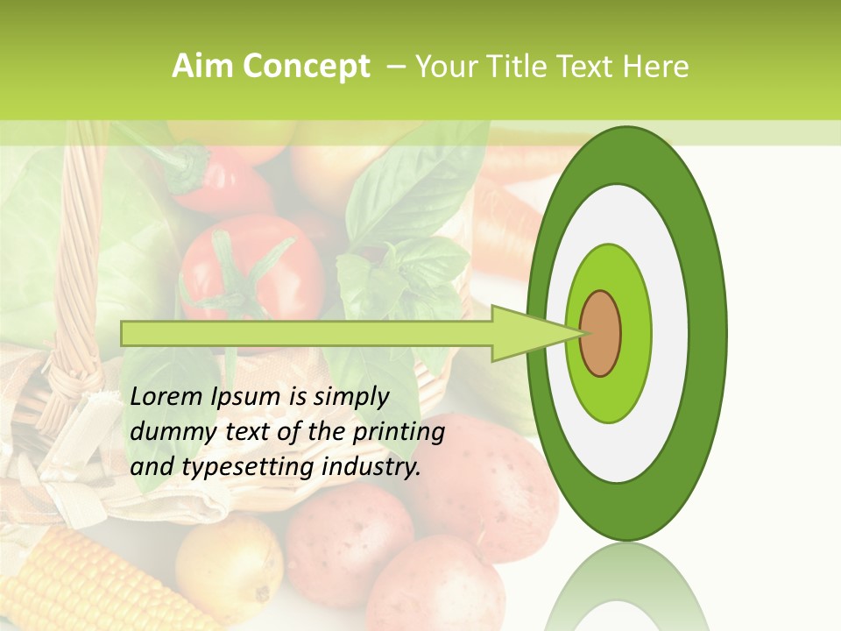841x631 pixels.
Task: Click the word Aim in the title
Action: pos(203,67)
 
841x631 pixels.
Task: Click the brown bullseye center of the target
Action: pos(600,334)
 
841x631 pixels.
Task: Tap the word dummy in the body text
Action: pos(171,432)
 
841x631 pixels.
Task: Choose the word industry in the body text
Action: pos(371,467)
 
